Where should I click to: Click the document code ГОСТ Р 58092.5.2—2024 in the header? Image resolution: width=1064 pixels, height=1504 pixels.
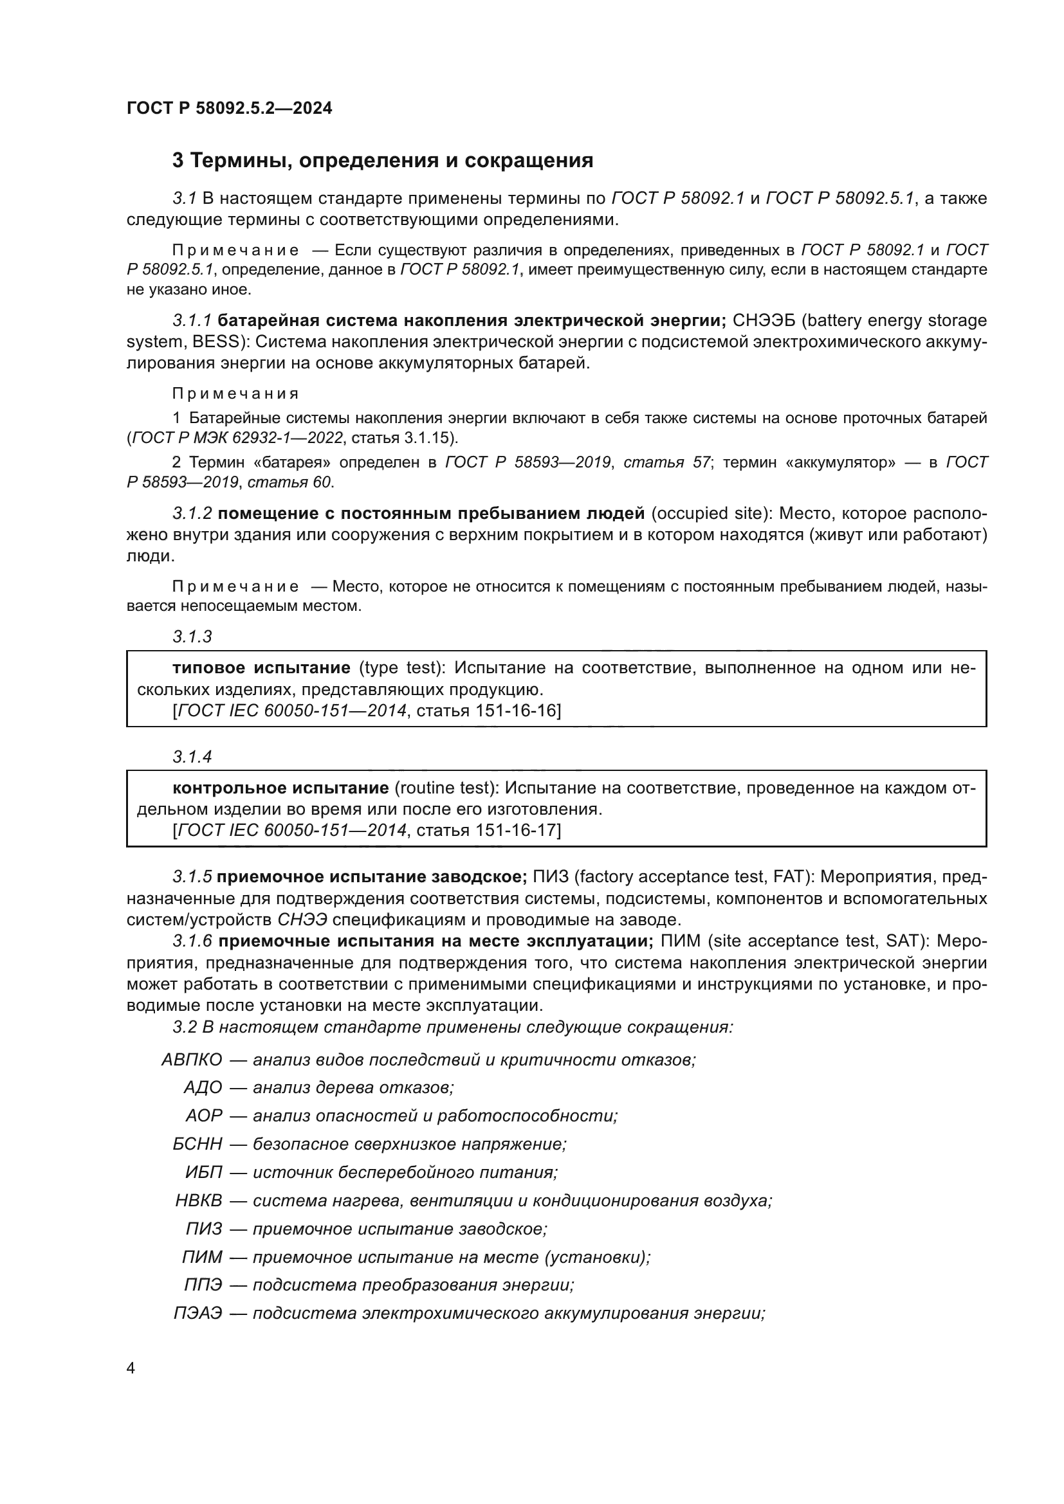tap(229, 108)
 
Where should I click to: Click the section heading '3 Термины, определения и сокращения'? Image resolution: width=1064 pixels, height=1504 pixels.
tap(383, 161)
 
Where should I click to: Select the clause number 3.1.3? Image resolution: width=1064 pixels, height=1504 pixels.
tap(192, 636)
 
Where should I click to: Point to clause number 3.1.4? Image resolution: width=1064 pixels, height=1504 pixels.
tap(192, 757)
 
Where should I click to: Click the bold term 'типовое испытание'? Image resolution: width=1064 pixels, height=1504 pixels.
tap(261, 667)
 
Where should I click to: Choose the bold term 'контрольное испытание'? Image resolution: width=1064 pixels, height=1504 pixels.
tap(280, 788)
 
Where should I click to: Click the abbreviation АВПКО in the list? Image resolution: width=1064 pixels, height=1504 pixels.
tap(192, 1059)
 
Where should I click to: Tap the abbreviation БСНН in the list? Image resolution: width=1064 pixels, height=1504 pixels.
tap(197, 1144)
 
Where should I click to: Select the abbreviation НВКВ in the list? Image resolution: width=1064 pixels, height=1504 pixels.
tap(199, 1200)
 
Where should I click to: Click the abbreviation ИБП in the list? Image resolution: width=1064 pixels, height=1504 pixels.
tap(204, 1172)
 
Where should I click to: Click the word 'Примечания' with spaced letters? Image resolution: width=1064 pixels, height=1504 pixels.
tap(235, 393)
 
